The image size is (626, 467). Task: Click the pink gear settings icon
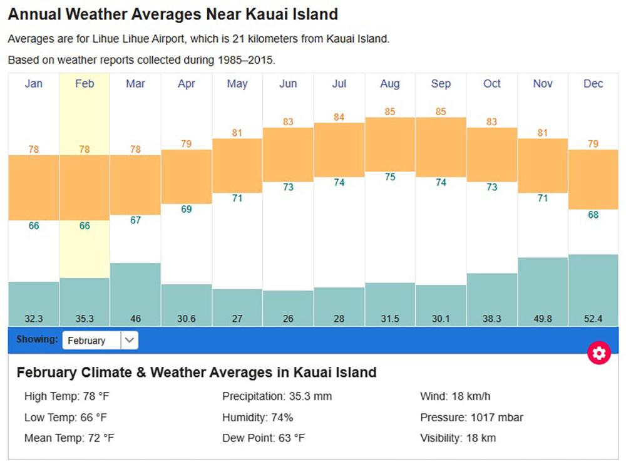click(x=599, y=354)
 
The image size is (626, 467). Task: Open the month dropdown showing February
click(x=100, y=341)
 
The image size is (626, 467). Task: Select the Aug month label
click(x=389, y=84)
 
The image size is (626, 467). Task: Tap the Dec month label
click(x=593, y=84)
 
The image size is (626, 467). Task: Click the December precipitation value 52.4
click(x=593, y=319)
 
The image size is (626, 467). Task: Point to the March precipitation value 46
click(x=135, y=319)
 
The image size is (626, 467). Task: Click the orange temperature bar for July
click(x=339, y=150)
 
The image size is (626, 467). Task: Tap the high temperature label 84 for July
click(x=339, y=117)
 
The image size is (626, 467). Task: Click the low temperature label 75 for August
click(x=390, y=177)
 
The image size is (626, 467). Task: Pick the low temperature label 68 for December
click(x=593, y=215)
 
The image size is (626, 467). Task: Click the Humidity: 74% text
click(x=257, y=418)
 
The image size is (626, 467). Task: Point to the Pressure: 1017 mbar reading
click(x=471, y=418)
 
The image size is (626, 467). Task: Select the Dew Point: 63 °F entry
click(x=264, y=438)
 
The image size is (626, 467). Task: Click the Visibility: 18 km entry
click(x=458, y=438)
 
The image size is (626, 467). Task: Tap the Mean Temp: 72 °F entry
click(x=69, y=438)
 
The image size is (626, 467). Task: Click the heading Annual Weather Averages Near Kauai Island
click(x=173, y=14)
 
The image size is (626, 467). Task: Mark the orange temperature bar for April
click(x=187, y=177)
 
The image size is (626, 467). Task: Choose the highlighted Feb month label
click(x=85, y=84)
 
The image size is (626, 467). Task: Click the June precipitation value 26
click(x=288, y=319)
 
